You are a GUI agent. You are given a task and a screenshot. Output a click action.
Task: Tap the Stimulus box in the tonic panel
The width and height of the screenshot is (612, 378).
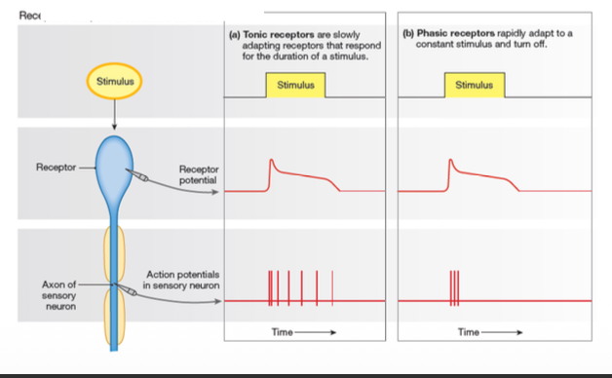(x=295, y=86)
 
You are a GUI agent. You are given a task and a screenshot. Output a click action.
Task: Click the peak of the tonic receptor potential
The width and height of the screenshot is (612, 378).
(x=272, y=161)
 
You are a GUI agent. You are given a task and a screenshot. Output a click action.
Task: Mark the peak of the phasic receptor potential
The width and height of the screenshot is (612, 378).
(x=451, y=161)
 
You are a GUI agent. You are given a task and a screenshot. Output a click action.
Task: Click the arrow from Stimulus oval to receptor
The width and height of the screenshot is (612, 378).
(x=115, y=115)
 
